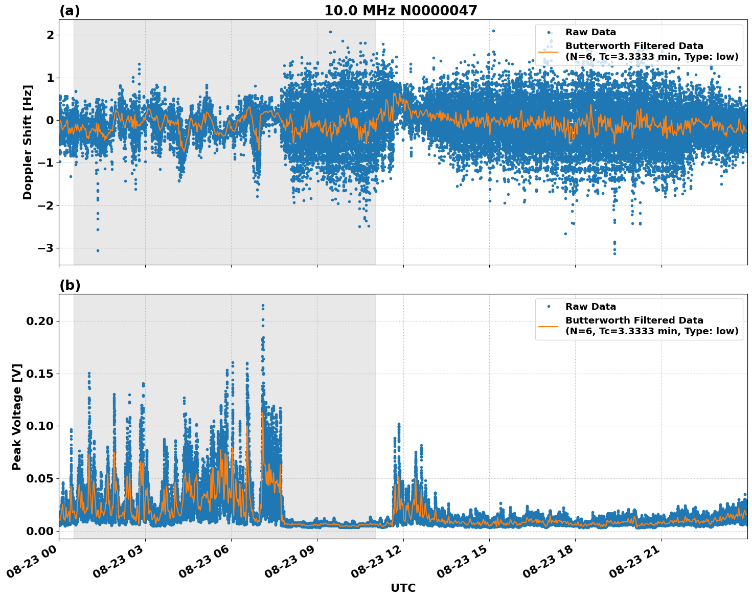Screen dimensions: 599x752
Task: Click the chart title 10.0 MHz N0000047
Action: (x=400, y=11)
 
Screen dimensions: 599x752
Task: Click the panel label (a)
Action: (x=70, y=11)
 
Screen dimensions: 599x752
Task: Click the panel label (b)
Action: (x=70, y=285)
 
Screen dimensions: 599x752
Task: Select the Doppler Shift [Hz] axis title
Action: (x=28, y=142)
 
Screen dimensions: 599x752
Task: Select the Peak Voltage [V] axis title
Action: (x=17, y=417)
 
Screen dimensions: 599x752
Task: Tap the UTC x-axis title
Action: (x=403, y=588)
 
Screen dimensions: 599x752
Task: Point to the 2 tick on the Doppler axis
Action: (x=50, y=35)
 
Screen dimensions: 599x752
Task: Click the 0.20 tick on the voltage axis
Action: (x=39, y=321)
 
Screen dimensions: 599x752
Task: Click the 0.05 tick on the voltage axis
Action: (x=39, y=478)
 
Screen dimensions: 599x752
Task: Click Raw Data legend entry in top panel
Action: (x=590, y=33)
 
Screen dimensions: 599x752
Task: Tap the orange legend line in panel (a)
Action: (x=549, y=51)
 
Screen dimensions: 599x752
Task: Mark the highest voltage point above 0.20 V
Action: (x=263, y=306)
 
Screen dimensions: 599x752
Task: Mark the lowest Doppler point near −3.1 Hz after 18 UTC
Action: (x=614, y=254)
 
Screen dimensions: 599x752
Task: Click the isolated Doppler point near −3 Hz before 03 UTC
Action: (x=98, y=250)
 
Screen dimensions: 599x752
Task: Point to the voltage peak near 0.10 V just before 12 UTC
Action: (x=399, y=424)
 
